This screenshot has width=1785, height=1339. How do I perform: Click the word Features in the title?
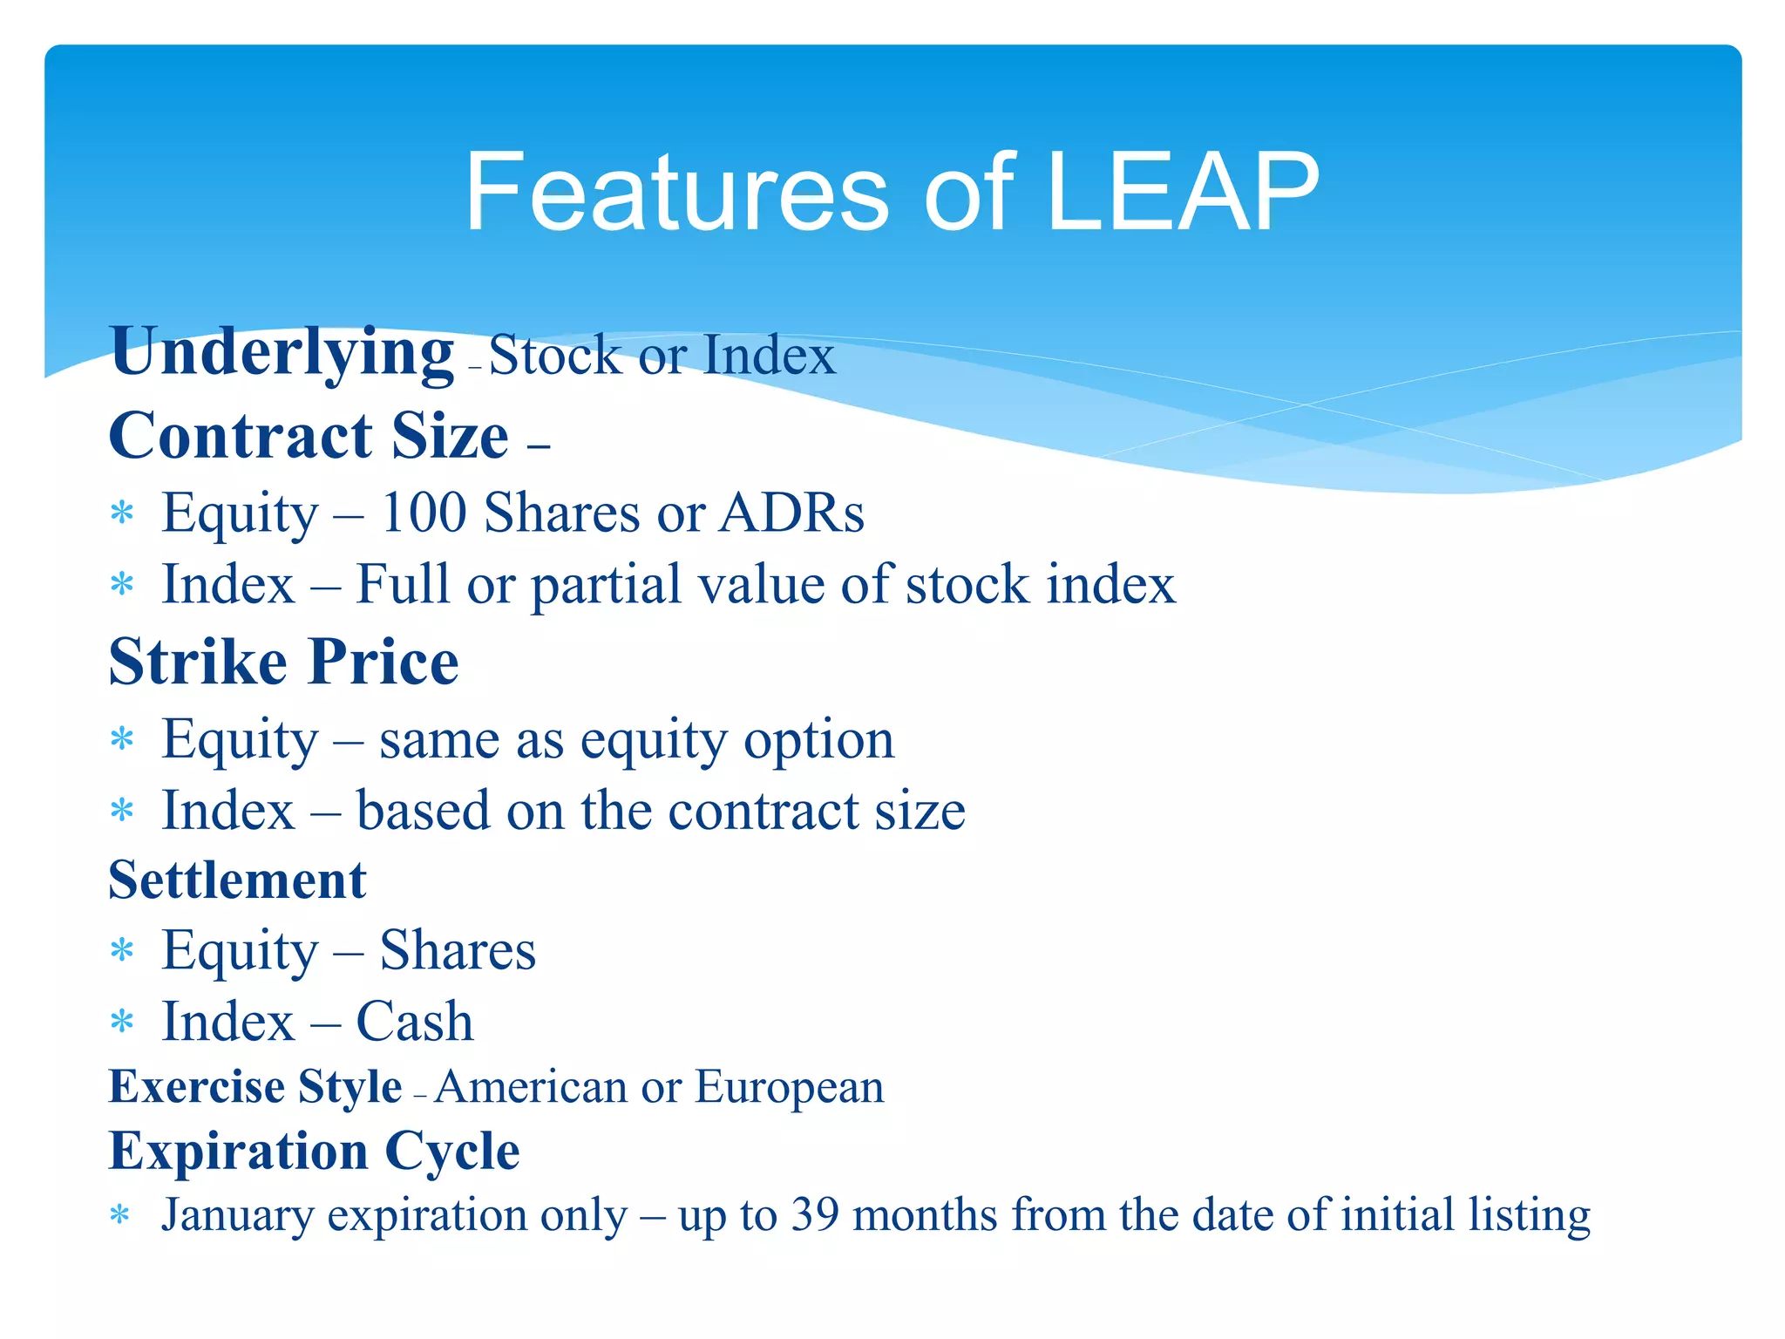click(676, 193)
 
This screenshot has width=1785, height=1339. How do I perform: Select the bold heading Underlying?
click(282, 352)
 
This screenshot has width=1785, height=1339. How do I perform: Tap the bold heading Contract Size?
click(309, 436)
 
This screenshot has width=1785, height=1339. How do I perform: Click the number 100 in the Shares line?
click(424, 513)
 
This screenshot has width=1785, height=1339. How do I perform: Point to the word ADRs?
click(791, 513)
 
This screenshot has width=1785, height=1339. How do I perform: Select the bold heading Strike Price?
click(283, 663)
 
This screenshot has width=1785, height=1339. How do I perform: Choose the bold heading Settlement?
click(237, 880)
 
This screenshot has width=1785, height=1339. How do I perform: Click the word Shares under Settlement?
click(458, 950)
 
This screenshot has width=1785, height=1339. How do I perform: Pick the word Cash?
click(415, 1022)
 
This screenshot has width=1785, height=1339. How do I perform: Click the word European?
click(789, 1088)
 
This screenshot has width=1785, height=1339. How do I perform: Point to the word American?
click(532, 1088)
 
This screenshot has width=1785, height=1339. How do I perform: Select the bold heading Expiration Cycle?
click(314, 1152)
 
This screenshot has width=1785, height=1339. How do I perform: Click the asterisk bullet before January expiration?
click(121, 1215)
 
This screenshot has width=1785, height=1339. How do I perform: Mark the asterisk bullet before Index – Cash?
click(122, 1021)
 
